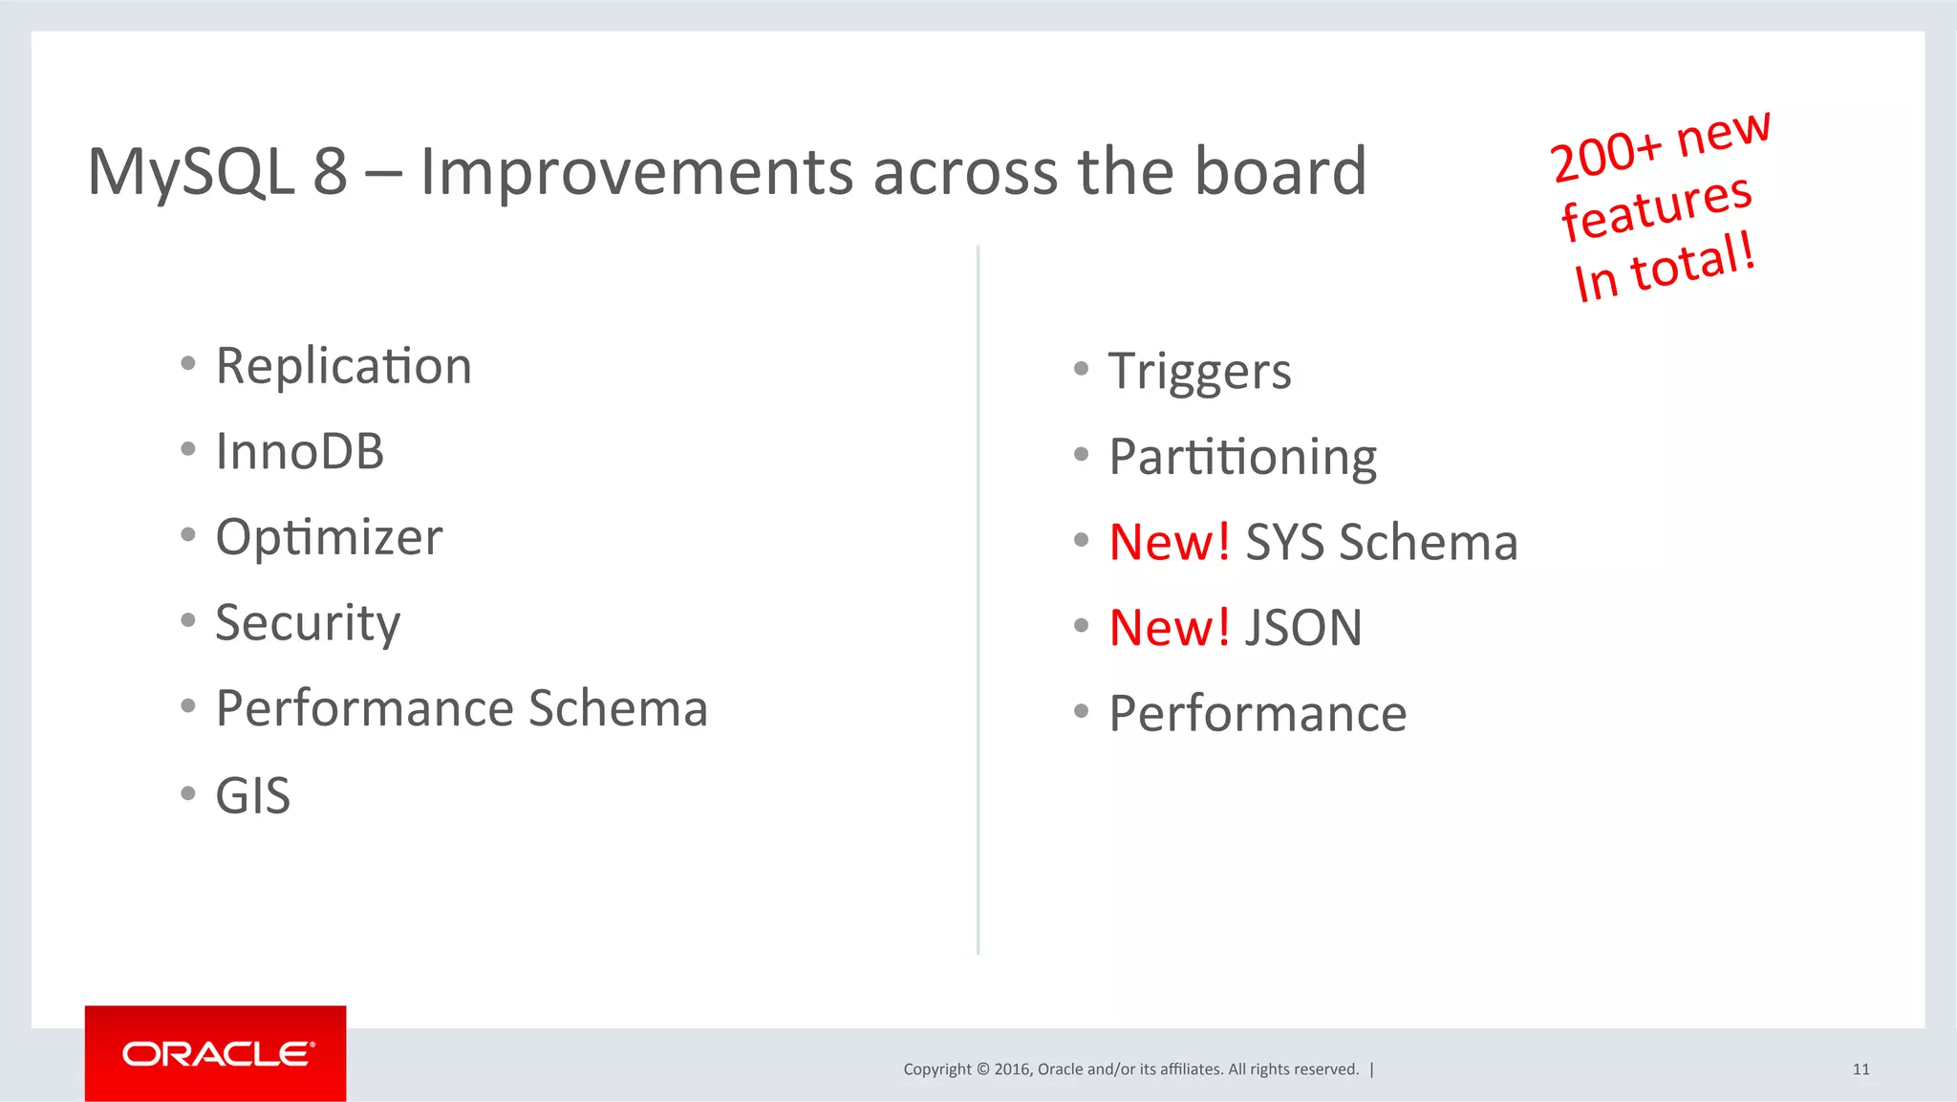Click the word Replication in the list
coord(344,366)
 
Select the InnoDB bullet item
coord(299,451)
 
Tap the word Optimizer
coord(329,537)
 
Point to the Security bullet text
coord(308,623)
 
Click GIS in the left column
coord(252,795)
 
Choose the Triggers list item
coord(1199,371)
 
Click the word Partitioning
coord(1242,457)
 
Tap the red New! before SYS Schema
coord(1169,542)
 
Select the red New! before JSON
coord(1169,628)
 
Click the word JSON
coord(1303,628)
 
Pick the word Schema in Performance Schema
coord(617,708)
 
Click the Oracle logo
coord(216,1053)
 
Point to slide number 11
coord(1860,1070)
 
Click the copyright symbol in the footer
coord(982,1070)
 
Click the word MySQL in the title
coord(190,172)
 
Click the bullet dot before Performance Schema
coord(188,706)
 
